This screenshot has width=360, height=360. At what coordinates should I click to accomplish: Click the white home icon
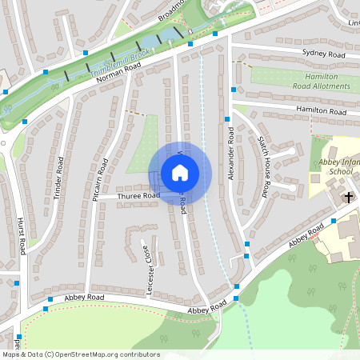tap(180, 173)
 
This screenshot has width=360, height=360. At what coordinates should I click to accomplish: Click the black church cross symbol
tap(349, 196)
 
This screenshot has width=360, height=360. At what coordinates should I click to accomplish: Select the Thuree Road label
tap(139, 194)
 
